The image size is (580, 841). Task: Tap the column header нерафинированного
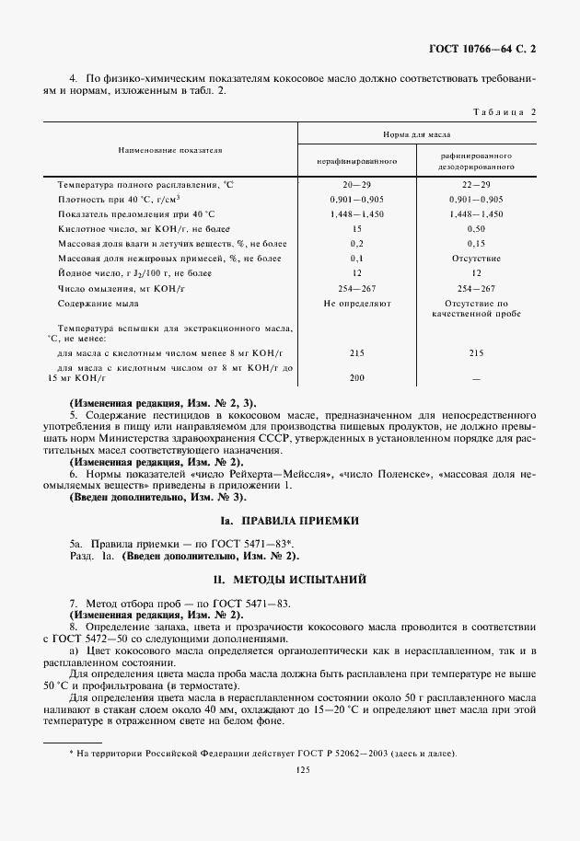pos(356,161)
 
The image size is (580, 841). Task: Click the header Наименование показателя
pos(169,149)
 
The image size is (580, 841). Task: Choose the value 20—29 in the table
pos(356,185)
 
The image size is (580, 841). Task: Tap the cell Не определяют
pos(356,303)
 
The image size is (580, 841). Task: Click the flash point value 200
pos(356,378)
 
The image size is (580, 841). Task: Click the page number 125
pos(290,771)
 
